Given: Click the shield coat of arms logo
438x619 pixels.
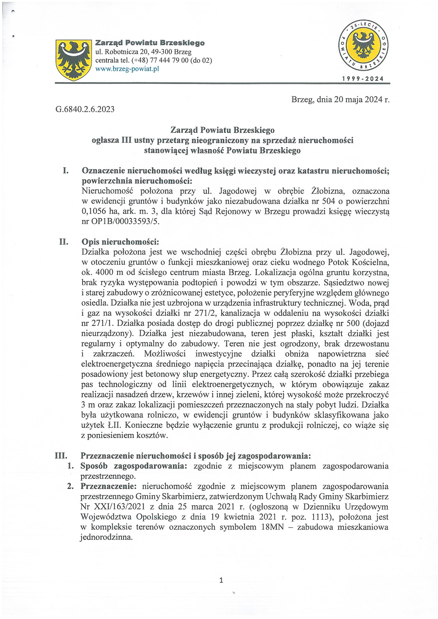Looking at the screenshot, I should (73, 60).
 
